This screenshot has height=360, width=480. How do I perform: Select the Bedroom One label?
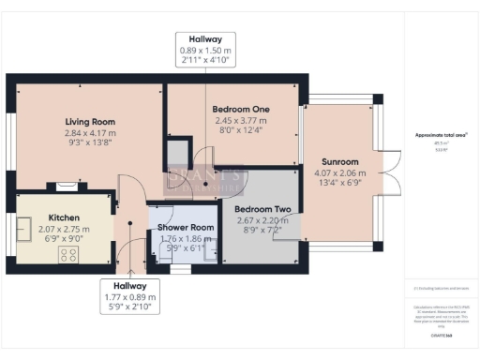click(241, 109)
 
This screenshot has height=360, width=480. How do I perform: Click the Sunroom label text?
click(336, 161)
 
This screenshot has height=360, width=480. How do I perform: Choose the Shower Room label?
click(180, 227)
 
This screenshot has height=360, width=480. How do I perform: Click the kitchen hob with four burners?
click(68, 254)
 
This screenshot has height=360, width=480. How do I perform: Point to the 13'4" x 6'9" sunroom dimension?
click(336, 184)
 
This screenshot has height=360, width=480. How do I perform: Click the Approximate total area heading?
click(441, 135)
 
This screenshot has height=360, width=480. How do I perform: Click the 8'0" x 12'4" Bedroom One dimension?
click(241, 130)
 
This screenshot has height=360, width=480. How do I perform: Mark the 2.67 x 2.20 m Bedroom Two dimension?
click(257, 219)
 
